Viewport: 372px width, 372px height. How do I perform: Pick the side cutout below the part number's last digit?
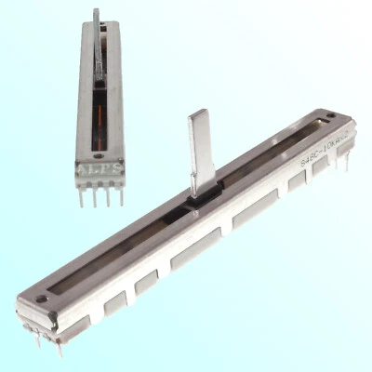[321, 167]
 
